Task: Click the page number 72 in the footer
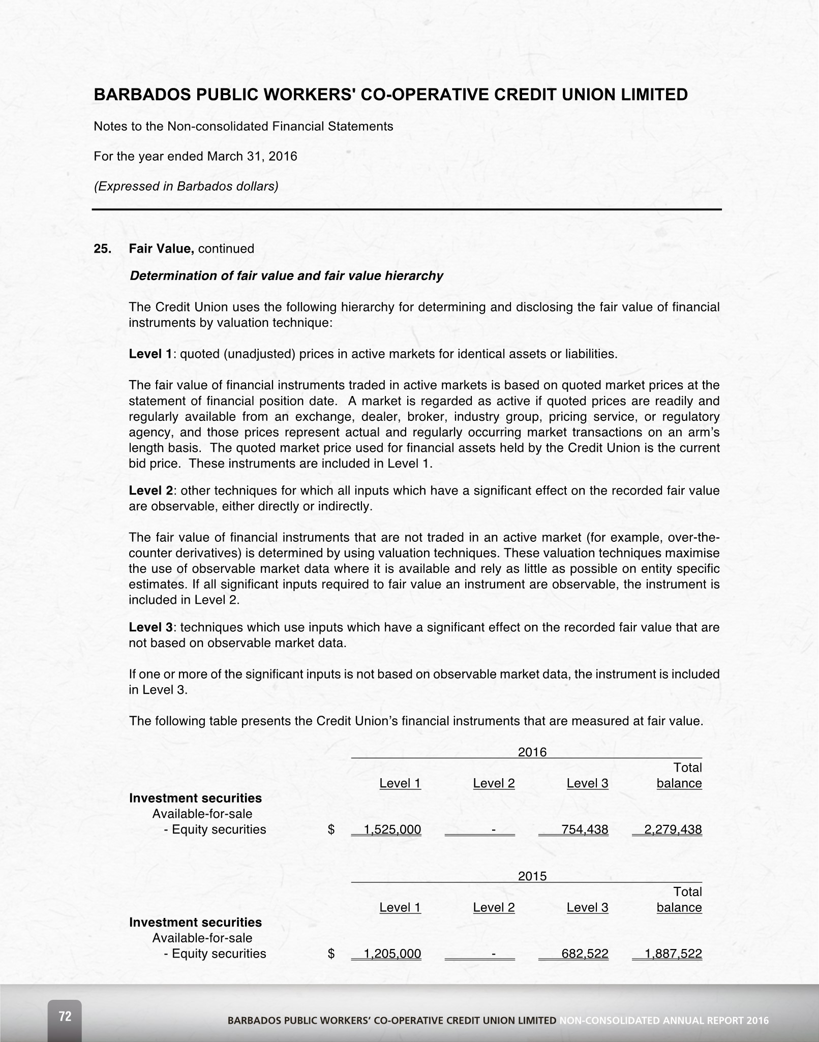pos(65,1016)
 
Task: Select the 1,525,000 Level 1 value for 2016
pos(392,830)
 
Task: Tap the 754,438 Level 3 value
pos(585,830)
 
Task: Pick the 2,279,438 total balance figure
pos(673,830)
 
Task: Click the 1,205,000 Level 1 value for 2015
pos(392,954)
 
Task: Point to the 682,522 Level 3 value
pos(585,954)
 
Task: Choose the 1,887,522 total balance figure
pos(673,954)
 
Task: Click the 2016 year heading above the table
pos(532,752)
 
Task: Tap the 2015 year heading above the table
pos(532,876)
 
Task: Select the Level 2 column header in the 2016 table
pos(494,783)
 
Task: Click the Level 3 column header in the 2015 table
pos(587,907)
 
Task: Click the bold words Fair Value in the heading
pos(161,249)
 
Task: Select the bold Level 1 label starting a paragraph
pos(150,354)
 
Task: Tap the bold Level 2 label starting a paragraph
pos(151,491)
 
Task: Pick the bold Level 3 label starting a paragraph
pos(151,627)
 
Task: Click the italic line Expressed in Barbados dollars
pos(186,186)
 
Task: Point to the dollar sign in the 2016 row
pos(331,830)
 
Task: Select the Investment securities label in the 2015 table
pos(195,922)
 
